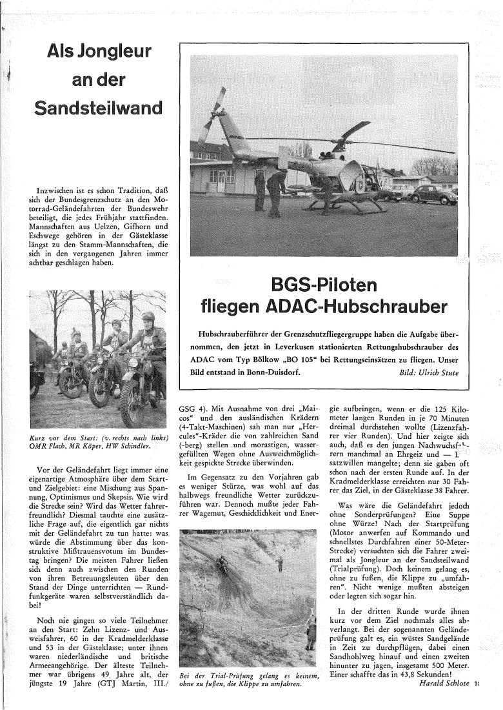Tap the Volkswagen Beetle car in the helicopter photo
433,194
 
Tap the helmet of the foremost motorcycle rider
148,318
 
